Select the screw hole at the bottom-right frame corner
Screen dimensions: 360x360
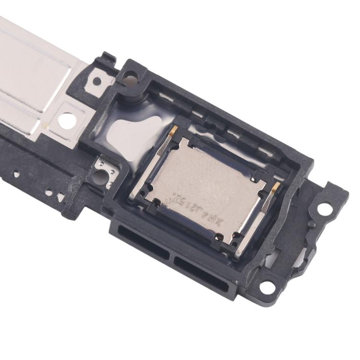click(267, 287)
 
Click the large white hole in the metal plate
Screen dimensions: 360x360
click(68, 120)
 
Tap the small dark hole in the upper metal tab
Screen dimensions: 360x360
click(97, 81)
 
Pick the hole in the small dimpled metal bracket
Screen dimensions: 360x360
click(104, 176)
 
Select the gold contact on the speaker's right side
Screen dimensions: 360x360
click(276, 188)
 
